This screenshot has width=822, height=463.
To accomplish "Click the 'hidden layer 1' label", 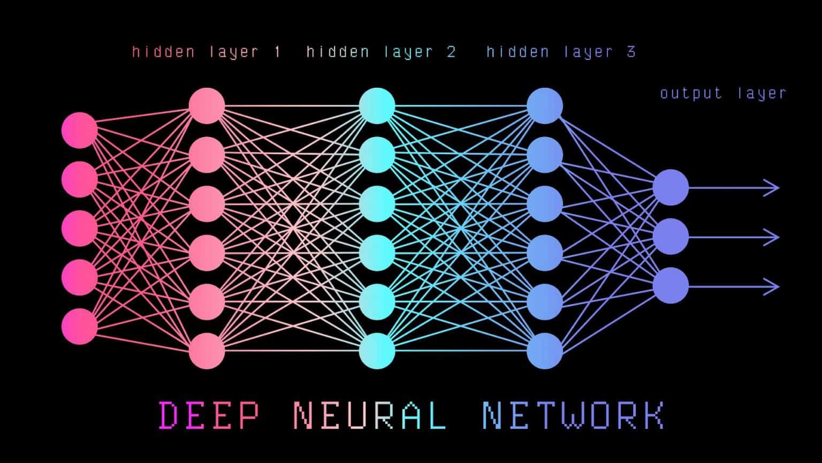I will click(x=206, y=52).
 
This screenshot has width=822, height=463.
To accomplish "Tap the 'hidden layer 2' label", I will click(x=381, y=52).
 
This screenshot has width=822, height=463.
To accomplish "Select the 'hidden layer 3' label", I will click(x=561, y=52).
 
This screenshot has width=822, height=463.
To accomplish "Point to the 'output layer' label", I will click(x=723, y=93).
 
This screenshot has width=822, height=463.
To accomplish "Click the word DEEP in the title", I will click(x=209, y=416).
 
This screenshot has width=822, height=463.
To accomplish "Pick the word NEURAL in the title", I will click(x=370, y=416).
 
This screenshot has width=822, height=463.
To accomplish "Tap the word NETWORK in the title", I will click(x=573, y=416).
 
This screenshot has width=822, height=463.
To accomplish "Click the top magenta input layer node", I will click(x=80, y=130).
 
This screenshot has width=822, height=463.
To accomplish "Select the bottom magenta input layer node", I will click(x=80, y=326).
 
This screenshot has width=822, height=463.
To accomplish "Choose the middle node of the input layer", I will click(x=80, y=229).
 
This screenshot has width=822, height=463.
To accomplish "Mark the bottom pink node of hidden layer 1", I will click(x=207, y=351).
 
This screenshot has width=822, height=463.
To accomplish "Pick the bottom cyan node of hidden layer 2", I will click(x=377, y=351).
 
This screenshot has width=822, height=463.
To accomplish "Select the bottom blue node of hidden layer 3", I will click(x=545, y=351).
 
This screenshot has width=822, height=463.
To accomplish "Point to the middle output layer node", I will click(x=671, y=237).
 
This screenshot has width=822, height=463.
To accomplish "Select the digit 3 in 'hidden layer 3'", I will click(x=631, y=52).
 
